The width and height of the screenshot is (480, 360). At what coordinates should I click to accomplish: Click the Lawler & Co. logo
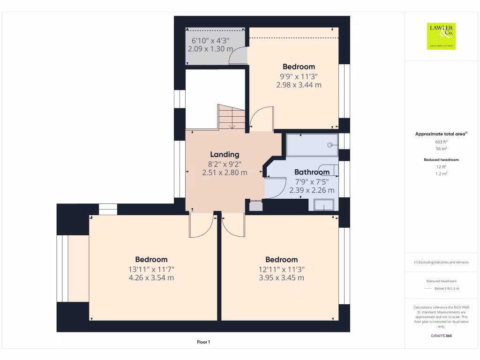441,36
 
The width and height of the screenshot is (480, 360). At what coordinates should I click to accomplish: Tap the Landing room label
225,154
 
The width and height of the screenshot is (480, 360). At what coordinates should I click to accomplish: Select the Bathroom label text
312,172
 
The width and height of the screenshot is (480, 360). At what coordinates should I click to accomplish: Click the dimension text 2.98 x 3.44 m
299,85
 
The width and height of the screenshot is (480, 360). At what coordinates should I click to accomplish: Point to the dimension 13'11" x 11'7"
151,269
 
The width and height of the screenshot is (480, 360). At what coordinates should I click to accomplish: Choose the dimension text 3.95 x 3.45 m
281,277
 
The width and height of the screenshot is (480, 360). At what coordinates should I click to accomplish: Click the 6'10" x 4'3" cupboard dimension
210,40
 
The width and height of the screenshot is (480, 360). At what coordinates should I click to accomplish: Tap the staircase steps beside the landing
232,117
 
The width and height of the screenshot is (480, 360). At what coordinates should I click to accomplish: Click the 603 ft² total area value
441,142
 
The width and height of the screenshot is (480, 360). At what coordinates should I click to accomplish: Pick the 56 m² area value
441,149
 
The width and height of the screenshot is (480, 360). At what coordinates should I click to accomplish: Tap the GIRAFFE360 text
441,336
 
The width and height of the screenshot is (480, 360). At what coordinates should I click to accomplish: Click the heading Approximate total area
440,134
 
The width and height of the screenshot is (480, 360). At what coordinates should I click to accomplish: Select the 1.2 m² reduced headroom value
441,173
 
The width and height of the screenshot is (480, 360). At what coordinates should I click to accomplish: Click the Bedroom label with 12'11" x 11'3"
281,260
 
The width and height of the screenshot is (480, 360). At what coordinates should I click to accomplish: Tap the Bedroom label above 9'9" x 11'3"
299,67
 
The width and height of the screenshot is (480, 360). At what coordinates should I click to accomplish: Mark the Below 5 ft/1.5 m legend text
447,289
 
